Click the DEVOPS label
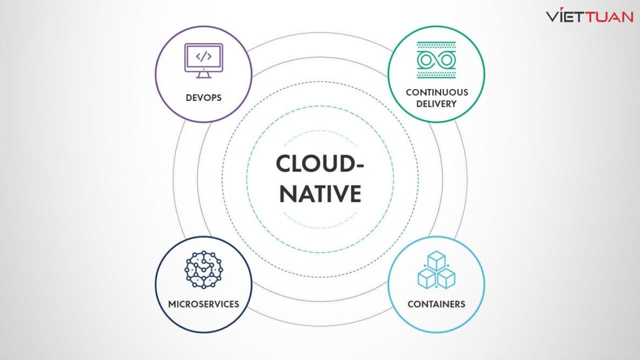pyautogui.click(x=203, y=97)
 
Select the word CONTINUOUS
pyautogui.click(x=436, y=92)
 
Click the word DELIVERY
pyautogui.click(x=436, y=104)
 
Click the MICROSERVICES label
pyautogui.click(x=203, y=303)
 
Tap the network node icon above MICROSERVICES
pyautogui.click(x=203, y=270)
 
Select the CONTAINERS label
pyautogui.click(x=436, y=303)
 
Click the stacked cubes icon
pyautogui.click(x=436, y=269)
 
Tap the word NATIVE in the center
pyautogui.click(x=320, y=193)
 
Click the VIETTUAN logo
pyautogui.click(x=589, y=16)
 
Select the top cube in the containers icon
pyautogui.click(x=436, y=260)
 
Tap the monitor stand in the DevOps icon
pyautogui.click(x=203, y=74)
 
